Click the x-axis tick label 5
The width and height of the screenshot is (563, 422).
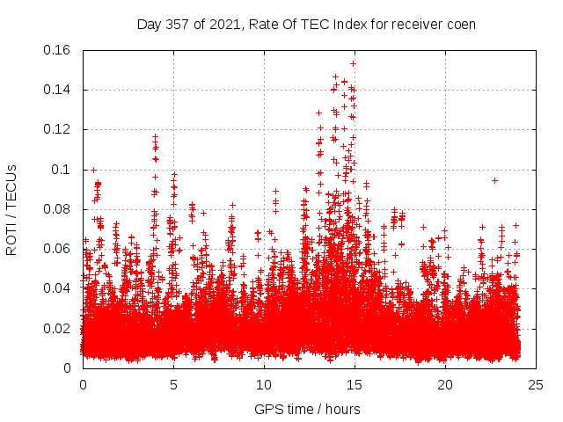pyautogui.click(x=173, y=384)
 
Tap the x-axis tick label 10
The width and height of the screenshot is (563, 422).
pyautogui.click(x=264, y=384)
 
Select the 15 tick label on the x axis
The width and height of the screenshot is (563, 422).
pyautogui.click(x=355, y=384)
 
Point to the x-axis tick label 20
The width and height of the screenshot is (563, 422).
pyautogui.click(x=445, y=384)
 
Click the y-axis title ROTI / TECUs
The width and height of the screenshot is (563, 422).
pyautogui.click(x=12, y=209)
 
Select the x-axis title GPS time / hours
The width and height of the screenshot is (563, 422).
pyautogui.click(x=307, y=409)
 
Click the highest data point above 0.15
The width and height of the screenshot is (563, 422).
pyautogui.click(x=353, y=63)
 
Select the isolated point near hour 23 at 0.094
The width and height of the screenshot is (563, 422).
pyautogui.click(x=494, y=180)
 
